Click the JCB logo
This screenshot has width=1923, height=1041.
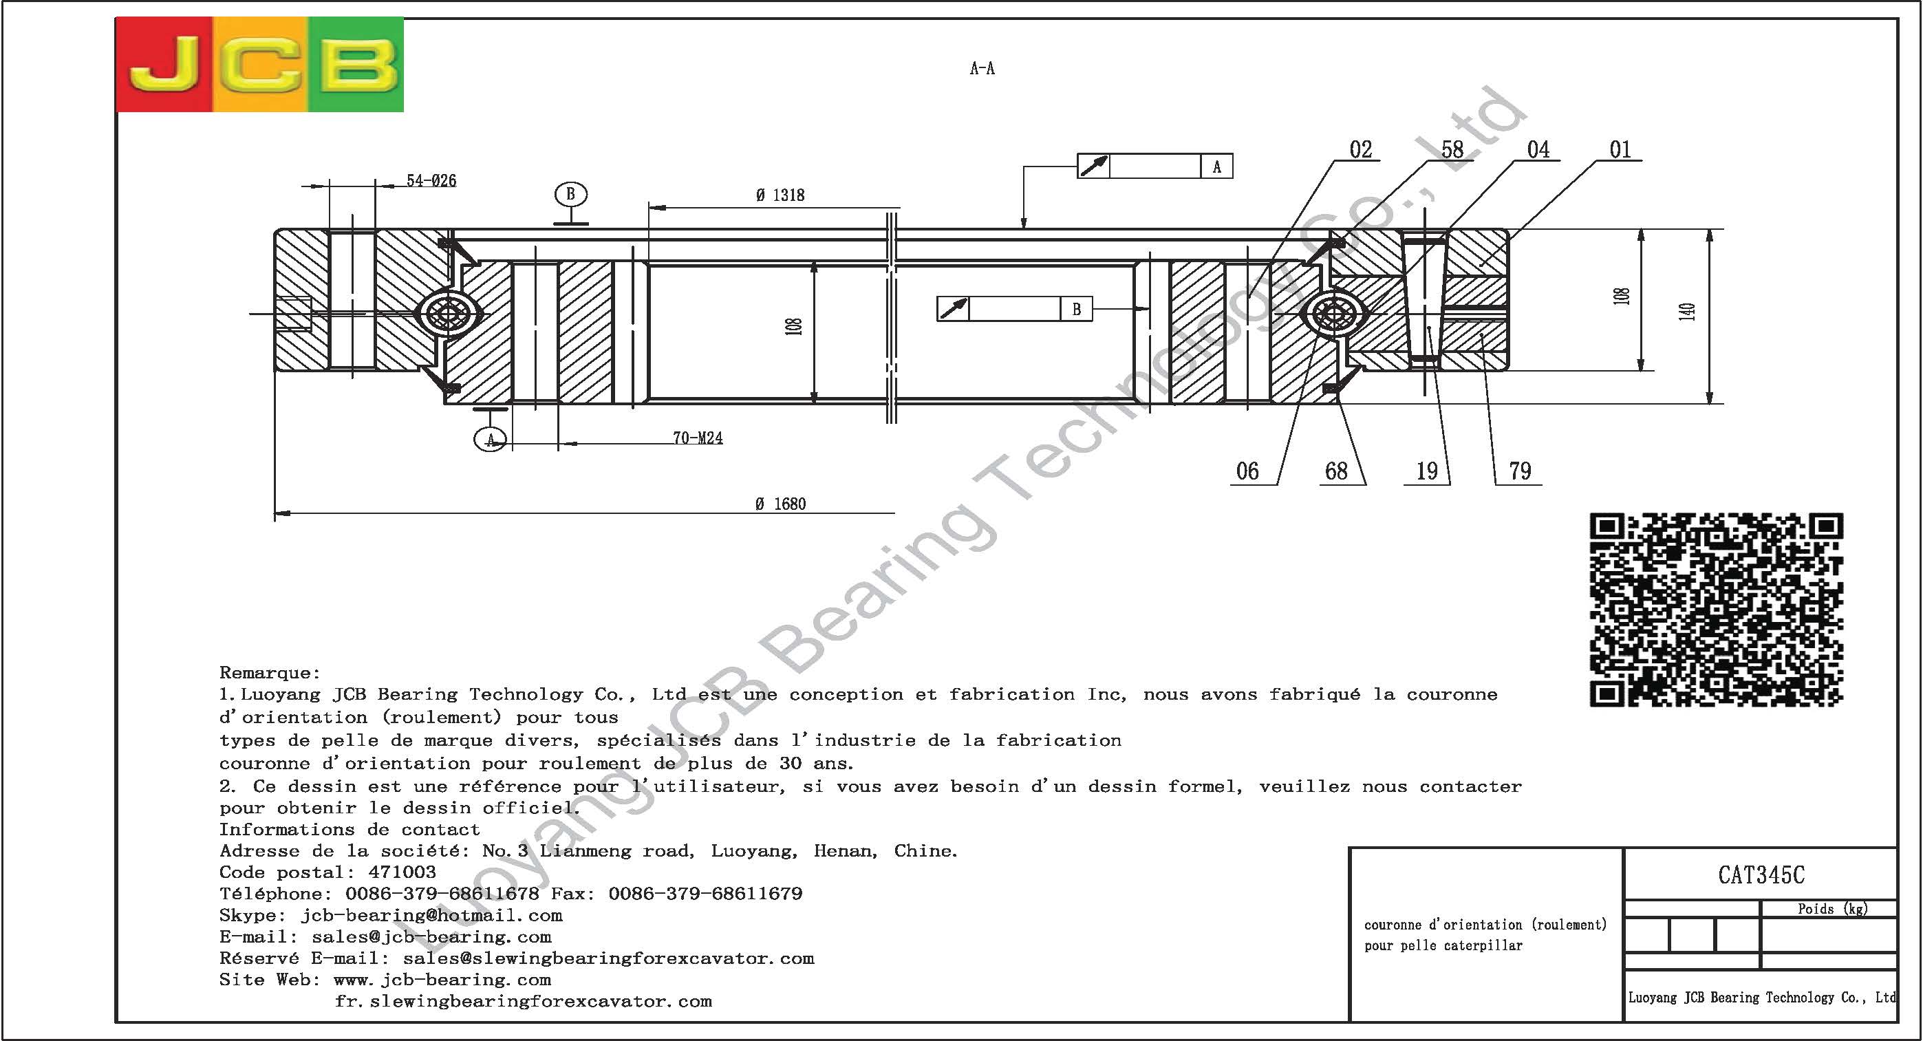tap(260, 65)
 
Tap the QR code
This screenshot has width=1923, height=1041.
tap(1716, 610)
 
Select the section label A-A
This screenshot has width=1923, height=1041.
tap(982, 69)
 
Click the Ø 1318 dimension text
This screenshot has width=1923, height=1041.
tap(780, 195)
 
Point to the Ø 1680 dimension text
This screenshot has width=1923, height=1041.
tap(780, 504)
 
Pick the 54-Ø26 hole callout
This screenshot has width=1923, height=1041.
tap(431, 181)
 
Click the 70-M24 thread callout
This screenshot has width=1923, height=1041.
tap(697, 438)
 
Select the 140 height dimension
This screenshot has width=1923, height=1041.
tap(1686, 312)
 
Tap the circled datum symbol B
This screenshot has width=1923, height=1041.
tap(570, 194)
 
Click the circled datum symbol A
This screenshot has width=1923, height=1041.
tap(491, 439)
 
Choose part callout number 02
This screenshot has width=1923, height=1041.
tap(1360, 150)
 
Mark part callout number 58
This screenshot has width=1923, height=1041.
tap(1452, 150)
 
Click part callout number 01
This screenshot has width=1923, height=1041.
tap(1620, 150)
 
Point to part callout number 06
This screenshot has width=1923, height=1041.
tap(1247, 471)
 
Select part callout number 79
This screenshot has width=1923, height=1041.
tap(1520, 471)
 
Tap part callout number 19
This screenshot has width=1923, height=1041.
tap(1426, 471)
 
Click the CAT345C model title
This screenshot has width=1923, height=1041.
tap(1761, 875)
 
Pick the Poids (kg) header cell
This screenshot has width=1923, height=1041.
tap(1832, 909)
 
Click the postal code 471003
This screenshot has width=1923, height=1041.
tap(402, 872)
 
